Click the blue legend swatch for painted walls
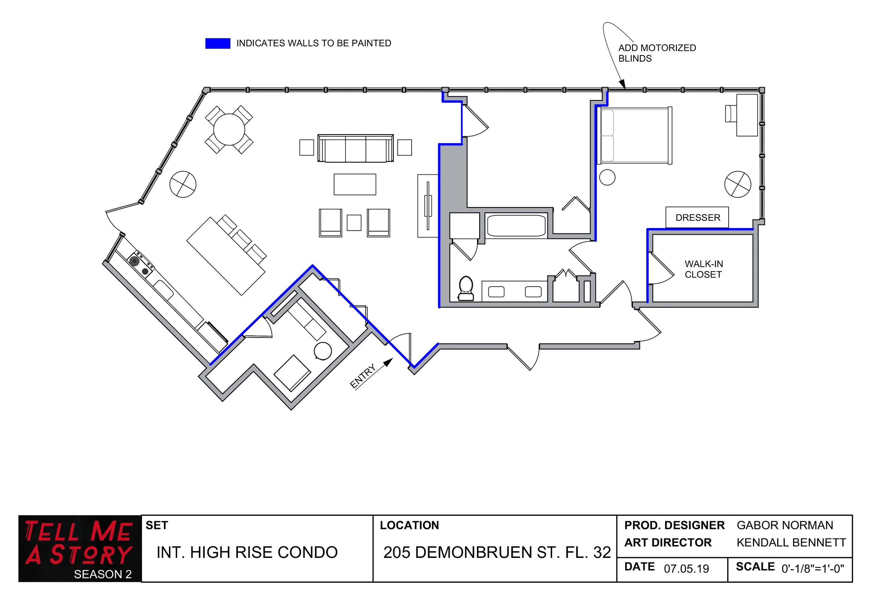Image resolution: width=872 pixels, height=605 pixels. (x=218, y=43)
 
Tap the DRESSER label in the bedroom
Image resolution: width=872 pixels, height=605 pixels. (x=697, y=218)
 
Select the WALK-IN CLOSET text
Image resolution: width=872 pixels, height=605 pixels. (x=703, y=269)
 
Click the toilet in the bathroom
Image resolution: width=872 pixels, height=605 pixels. (x=466, y=288)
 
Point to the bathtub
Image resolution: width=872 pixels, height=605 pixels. (x=516, y=226)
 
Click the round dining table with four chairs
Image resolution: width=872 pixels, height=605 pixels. (x=229, y=129)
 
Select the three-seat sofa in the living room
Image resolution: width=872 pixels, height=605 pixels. (x=355, y=149)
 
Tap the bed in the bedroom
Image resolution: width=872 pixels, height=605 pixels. (x=634, y=136)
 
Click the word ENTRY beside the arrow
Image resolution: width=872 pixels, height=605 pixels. (x=362, y=376)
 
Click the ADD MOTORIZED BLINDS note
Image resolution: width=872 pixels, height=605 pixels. (x=657, y=53)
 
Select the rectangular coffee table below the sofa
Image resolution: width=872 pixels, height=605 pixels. (x=355, y=184)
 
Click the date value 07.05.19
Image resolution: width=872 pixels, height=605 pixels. (x=686, y=569)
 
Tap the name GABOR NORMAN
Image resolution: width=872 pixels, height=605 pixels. (x=785, y=525)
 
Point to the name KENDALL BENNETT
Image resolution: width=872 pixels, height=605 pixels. (x=791, y=543)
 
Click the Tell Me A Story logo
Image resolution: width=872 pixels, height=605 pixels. (x=80, y=548)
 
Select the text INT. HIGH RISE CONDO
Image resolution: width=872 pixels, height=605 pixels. (x=247, y=552)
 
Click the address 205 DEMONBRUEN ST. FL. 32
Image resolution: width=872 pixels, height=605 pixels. (x=497, y=552)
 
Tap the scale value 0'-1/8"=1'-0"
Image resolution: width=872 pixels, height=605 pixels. (x=812, y=569)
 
